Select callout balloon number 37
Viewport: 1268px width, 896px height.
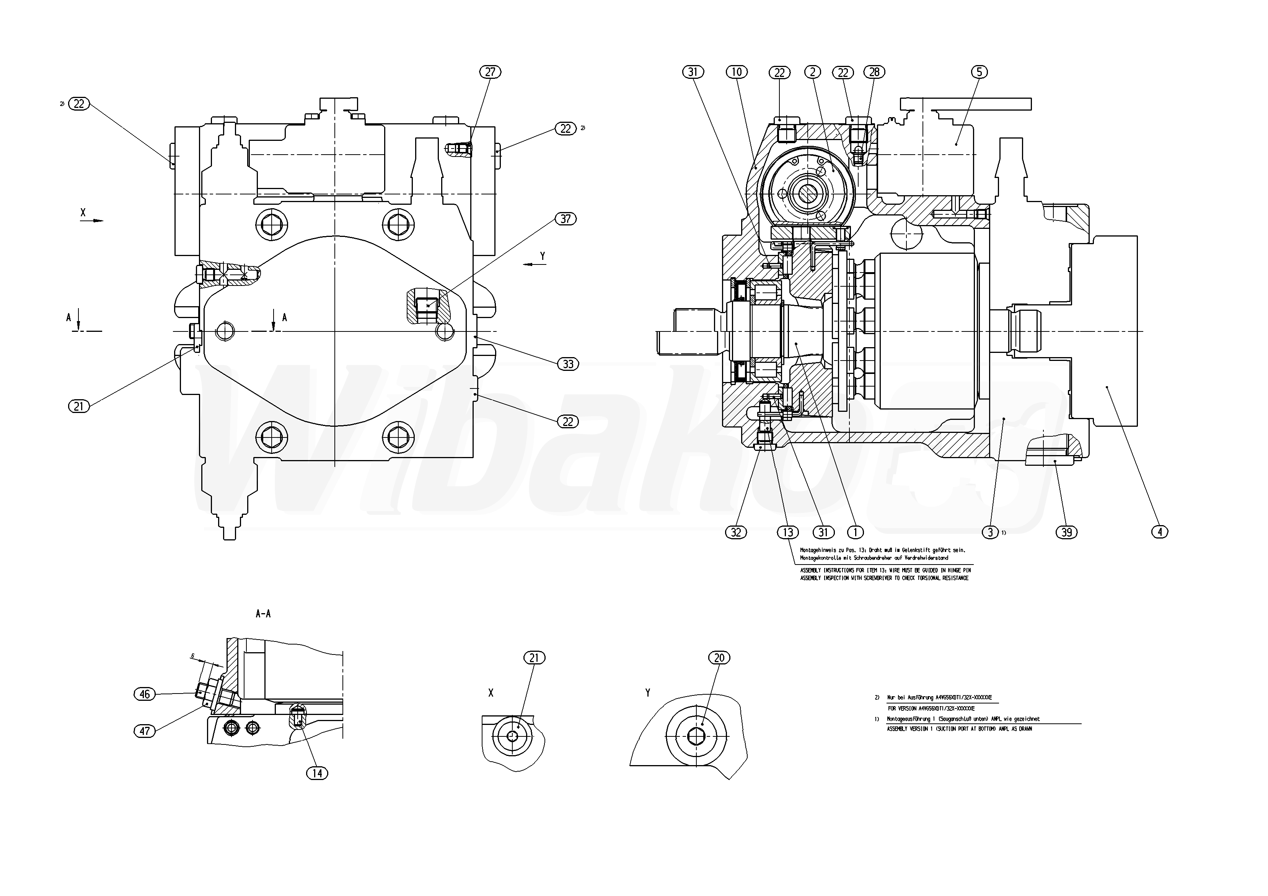click(x=566, y=219)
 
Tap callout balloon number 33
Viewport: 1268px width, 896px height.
click(x=568, y=364)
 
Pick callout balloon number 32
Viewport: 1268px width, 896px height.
click(x=736, y=532)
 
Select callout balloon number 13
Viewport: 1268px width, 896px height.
click(x=787, y=532)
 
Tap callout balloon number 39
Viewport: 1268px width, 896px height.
click(x=1066, y=532)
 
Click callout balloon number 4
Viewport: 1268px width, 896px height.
click(x=1159, y=532)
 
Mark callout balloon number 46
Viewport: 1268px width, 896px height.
click(x=145, y=694)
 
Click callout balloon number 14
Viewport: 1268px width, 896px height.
click(x=317, y=774)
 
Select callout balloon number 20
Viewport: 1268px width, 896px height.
click(x=719, y=658)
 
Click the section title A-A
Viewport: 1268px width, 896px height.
click(x=263, y=614)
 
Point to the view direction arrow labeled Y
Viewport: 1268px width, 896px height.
click(x=535, y=264)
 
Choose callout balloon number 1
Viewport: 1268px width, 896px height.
click(x=855, y=532)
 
